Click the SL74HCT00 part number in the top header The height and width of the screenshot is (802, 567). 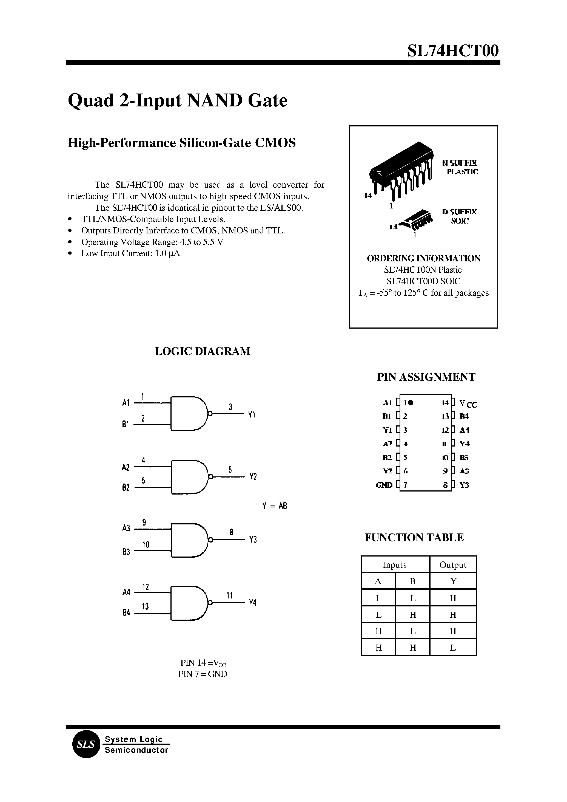(453, 51)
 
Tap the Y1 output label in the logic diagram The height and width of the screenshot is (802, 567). (252, 415)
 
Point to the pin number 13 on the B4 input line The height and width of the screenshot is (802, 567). (145, 606)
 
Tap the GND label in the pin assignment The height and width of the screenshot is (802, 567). (384, 485)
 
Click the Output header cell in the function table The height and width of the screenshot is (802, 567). (453, 565)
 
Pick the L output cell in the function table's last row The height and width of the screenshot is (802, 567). (453, 648)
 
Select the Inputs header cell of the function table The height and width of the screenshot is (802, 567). (395, 565)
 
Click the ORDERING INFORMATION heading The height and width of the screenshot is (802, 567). (423, 258)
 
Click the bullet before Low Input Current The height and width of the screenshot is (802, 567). (70, 253)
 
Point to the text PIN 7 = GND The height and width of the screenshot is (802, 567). (203, 674)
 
